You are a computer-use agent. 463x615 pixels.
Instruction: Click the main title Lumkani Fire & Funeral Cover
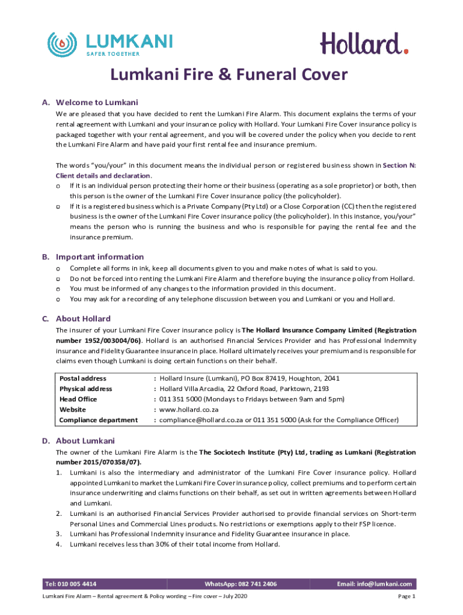[228, 74]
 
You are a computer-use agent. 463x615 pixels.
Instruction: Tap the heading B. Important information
[93, 256]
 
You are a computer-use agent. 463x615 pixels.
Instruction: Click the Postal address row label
[83, 378]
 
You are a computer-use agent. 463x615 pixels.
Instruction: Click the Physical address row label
[86, 389]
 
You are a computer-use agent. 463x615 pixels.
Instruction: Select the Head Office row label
[78, 399]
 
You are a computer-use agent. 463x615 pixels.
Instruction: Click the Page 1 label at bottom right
[407, 596]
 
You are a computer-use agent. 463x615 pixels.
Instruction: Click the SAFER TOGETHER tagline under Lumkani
[113, 54]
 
